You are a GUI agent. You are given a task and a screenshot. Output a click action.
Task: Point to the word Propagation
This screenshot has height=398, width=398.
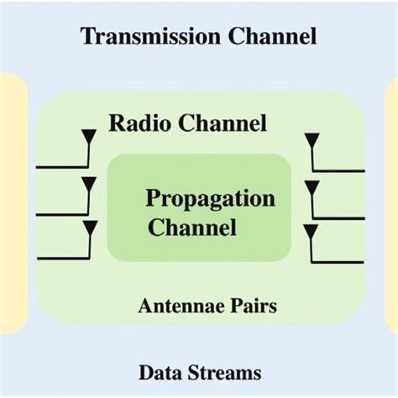pyautogui.click(x=210, y=199)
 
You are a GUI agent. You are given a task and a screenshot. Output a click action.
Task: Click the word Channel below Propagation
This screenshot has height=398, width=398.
pyautogui.click(x=192, y=227)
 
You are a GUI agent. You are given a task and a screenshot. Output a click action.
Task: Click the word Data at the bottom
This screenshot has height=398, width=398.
pyautogui.click(x=157, y=372)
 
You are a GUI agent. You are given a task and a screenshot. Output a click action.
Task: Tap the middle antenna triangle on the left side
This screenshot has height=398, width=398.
pyautogui.click(x=89, y=181)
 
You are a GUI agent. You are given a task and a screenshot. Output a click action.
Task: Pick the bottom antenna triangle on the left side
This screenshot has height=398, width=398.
pyautogui.click(x=89, y=228)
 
